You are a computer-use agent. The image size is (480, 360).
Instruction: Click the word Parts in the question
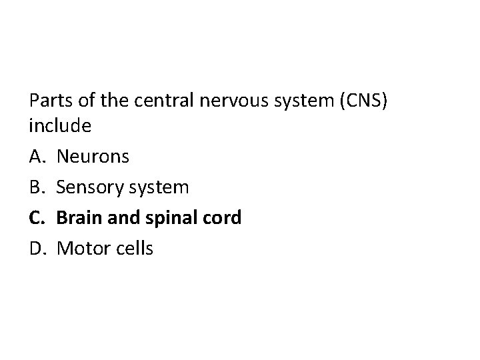tap(51, 101)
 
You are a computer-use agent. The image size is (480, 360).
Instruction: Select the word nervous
tap(227, 101)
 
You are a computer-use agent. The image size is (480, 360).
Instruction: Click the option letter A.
tap(37, 157)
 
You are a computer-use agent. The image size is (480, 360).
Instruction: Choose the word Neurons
tap(93, 157)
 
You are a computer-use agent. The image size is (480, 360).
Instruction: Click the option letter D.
tap(37, 249)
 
